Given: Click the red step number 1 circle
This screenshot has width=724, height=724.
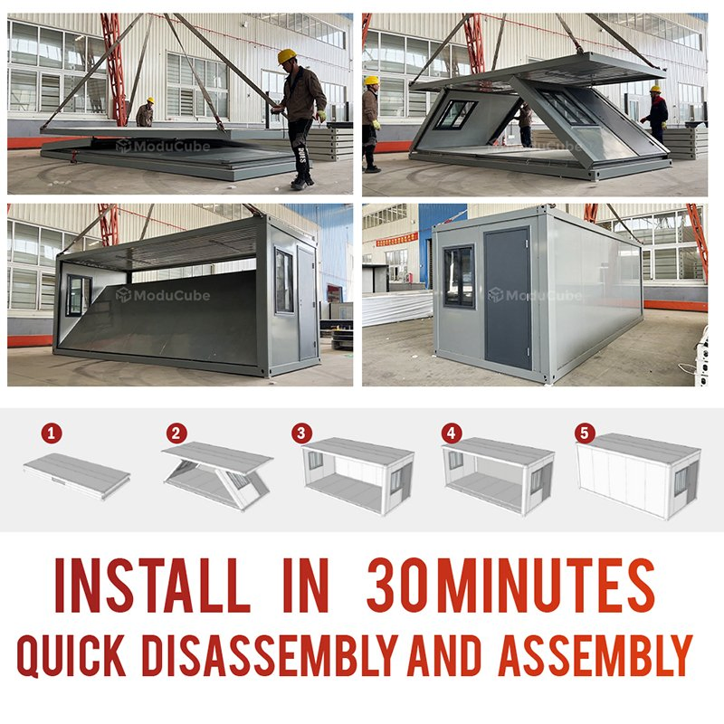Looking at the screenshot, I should [53, 433].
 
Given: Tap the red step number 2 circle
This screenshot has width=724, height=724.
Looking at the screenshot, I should [176, 433].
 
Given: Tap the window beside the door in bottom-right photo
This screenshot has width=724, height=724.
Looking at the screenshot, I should [458, 276].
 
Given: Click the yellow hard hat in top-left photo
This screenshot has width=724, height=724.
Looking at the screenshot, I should [287, 57].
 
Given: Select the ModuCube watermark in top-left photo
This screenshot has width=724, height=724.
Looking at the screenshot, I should [163, 146].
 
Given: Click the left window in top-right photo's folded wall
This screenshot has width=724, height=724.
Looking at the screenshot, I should [455, 114].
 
